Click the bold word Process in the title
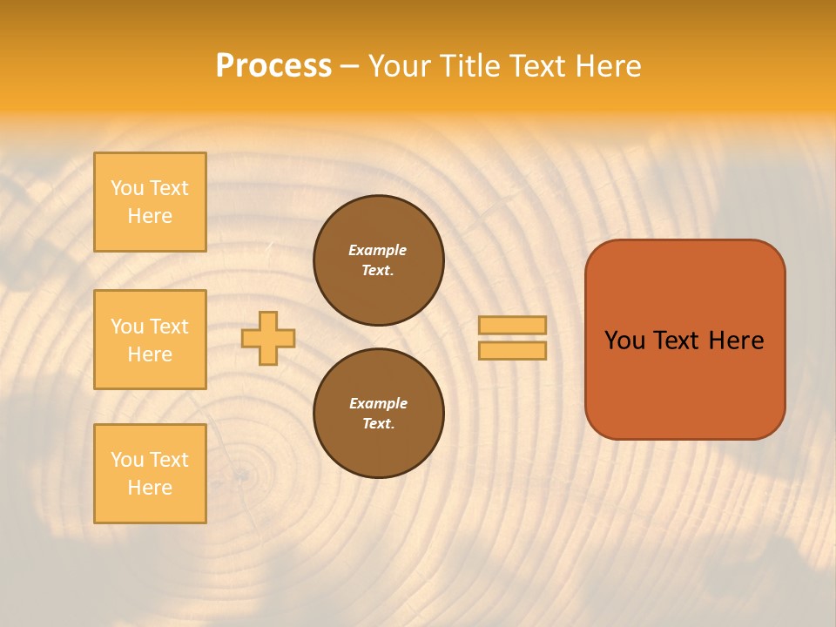click(x=273, y=66)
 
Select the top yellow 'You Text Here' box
click(x=150, y=202)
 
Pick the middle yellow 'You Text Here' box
click(x=150, y=340)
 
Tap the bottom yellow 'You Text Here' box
click(x=150, y=474)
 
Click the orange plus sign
click(x=268, y=338)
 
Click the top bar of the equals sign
click(x=512, y=326)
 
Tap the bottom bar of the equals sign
click(x=512, y=350)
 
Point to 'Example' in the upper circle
click(x=378, y=250)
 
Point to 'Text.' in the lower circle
click(x=378, y=423)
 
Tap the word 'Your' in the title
click(x=400, y=66)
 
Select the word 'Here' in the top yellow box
click(x=150, y=216)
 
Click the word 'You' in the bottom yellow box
click(x=127, y=460)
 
